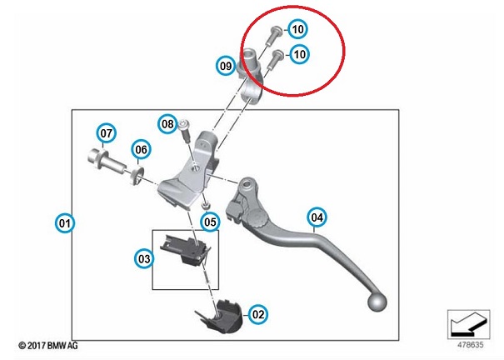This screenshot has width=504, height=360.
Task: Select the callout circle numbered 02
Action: tap(258, 314)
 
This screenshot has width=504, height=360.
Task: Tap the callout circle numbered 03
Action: tap(143, 259)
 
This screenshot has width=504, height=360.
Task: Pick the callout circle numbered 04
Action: tap(317, 218)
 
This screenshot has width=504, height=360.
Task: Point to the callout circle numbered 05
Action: tap(209, 222)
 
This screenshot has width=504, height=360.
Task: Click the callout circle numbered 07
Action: tap(106, 132)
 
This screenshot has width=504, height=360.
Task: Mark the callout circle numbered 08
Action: tap(168, 125)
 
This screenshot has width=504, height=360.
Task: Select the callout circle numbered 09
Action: tap(226, 65)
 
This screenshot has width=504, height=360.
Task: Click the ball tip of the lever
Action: tap(379, 300)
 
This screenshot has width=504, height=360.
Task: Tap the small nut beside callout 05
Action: tap(204, 203)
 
